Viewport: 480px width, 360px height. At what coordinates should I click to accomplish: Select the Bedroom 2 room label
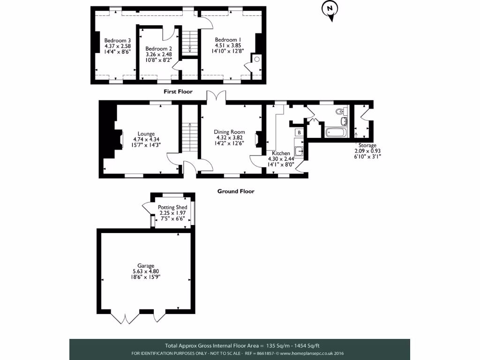[158, 49]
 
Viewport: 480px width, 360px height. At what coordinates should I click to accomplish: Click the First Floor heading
[178, 92]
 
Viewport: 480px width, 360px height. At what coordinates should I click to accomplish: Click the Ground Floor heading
[236, 191]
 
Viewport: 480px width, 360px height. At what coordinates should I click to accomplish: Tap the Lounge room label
[146, 134]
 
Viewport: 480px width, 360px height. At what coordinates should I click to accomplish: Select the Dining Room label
[230, 132]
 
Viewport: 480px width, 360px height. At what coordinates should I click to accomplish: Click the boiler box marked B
[299, 133]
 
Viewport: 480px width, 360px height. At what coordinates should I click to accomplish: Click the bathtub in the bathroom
[336, 133]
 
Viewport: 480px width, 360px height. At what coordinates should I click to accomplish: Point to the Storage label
[367, 145]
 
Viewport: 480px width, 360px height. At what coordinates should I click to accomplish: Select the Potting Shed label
[172, 207]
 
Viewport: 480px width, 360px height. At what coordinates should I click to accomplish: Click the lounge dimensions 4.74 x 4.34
[146, 139]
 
